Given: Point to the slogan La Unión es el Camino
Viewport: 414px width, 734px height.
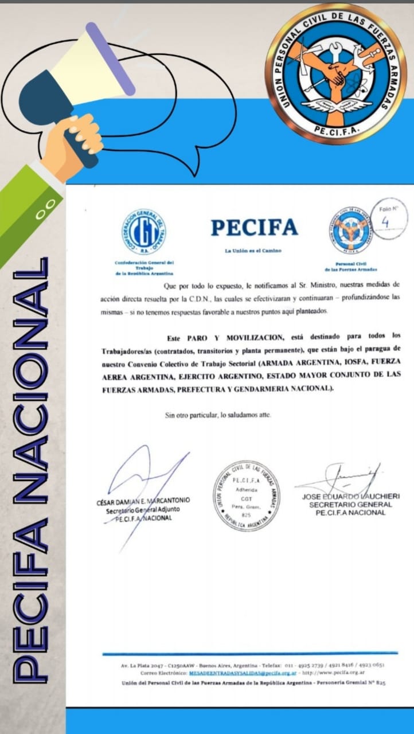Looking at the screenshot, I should tap(254, 251).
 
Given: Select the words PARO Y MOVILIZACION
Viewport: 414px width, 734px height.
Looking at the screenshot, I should tap(229, 337).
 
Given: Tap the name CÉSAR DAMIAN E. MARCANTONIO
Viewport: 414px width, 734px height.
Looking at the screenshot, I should tap(143, 501).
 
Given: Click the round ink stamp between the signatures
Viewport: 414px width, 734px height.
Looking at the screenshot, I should tap(247, 495).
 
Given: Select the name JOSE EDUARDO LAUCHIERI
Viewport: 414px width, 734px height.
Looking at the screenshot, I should tap(350, 496).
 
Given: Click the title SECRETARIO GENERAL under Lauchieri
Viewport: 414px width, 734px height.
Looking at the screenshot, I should tap(350, 505).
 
